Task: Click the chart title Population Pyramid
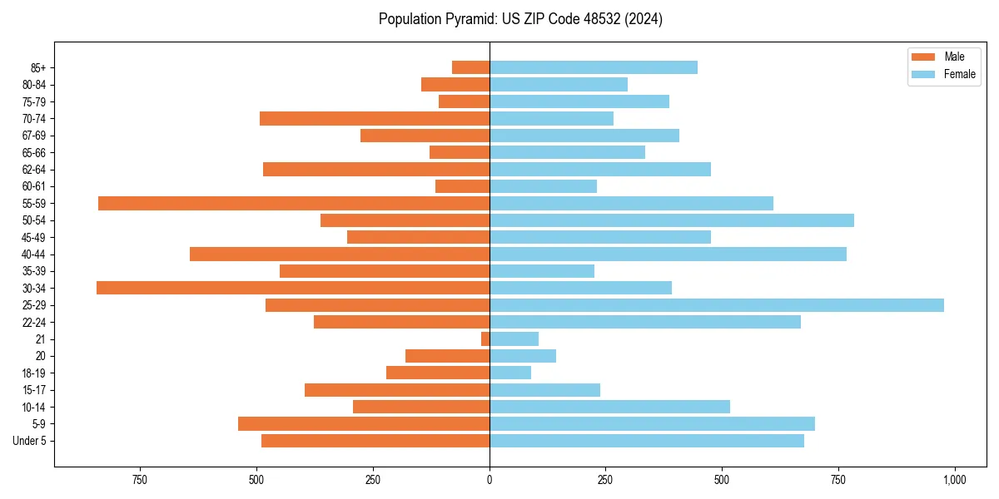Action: [x=520, y=19]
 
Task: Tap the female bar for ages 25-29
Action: [x=716, y=305]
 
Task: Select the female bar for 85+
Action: [x=594, y=67]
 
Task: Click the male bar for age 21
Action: [x=485, y=338]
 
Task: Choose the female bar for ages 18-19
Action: [x=510, y=373]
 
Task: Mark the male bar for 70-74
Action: [x=375, y=118]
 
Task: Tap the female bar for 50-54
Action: [x=672, y=220]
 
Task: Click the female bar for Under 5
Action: [x=647, y=441]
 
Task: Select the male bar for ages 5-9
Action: [x=364, y=423]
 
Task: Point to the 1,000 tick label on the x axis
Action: [x=954, y=480]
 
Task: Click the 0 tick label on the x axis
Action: [x=490, y=480]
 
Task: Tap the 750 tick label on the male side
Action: [x=140, y=480]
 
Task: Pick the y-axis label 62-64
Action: [x=34, y=170]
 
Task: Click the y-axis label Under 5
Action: [x=30, y=441]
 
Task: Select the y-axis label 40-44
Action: [x=34, y=254]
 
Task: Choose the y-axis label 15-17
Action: [x=34, y=390]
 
